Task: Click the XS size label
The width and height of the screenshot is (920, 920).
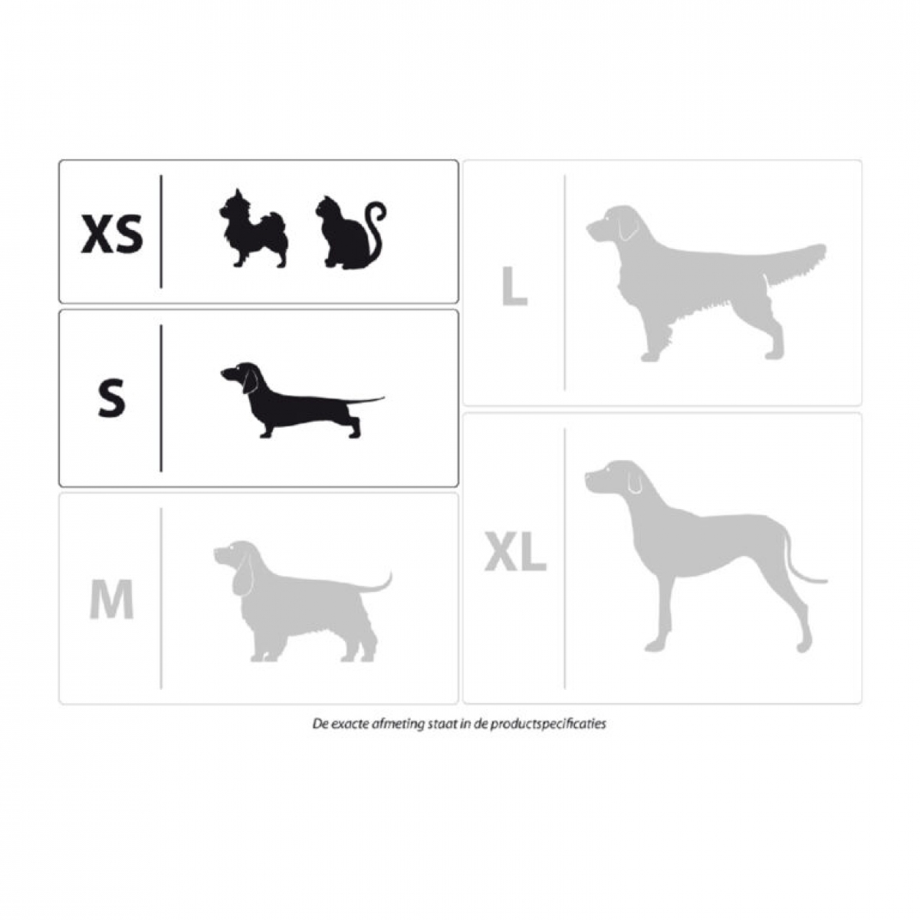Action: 112,234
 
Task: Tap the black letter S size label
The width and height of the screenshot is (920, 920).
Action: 112,396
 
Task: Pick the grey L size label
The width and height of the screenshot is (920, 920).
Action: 514,286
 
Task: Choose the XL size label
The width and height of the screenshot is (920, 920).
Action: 515,552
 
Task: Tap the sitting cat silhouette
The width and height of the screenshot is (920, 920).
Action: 351,232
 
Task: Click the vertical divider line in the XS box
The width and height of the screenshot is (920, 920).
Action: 161,232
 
